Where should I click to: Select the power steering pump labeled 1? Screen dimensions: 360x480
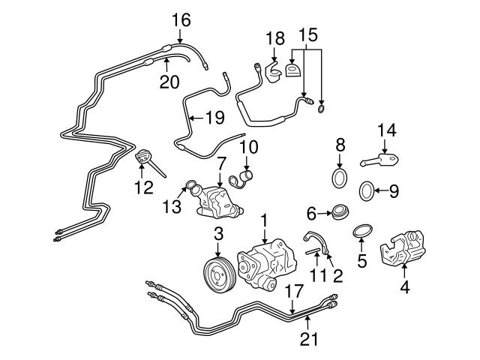[x=264, y=267]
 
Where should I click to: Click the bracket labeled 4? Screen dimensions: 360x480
[x=404, y=251]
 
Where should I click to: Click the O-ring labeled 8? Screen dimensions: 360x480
[x=340, y=178]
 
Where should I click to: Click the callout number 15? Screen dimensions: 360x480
[x=307, y=35]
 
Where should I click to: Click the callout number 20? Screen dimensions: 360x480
[x=170, y=80]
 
